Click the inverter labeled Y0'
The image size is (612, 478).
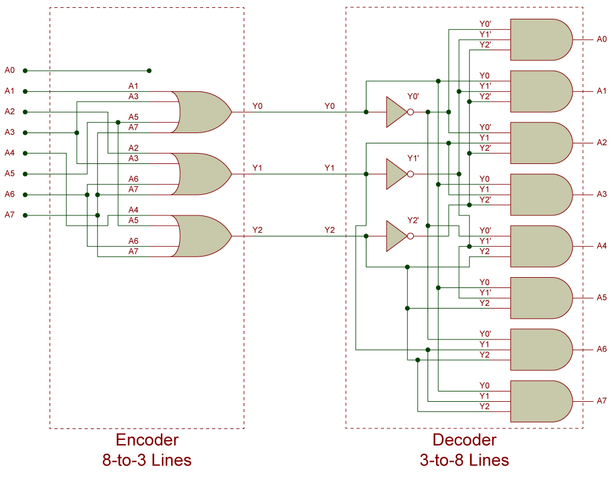[396, 112]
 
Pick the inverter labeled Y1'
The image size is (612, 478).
[396, 174]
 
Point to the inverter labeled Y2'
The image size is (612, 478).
[396, 236]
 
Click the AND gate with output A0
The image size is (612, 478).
[540, 40]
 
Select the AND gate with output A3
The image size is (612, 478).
[540, 195]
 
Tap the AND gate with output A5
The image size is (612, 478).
[540, 298]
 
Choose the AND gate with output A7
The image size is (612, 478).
[540, 401]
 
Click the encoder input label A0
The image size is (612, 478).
[9, 70]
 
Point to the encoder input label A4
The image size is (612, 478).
[9, 153]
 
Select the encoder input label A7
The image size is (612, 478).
[9, 215]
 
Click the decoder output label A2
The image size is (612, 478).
[601, 143]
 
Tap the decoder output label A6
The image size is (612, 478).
[601, 349]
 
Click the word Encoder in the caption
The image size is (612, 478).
[147, 440]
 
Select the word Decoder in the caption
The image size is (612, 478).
[464, 440]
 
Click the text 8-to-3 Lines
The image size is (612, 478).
[147, 460]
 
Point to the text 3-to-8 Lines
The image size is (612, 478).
[464, 460]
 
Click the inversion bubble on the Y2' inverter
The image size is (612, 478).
[411, 236]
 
